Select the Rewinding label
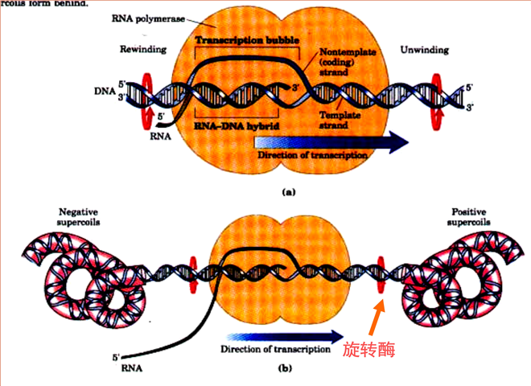coord(145,50)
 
